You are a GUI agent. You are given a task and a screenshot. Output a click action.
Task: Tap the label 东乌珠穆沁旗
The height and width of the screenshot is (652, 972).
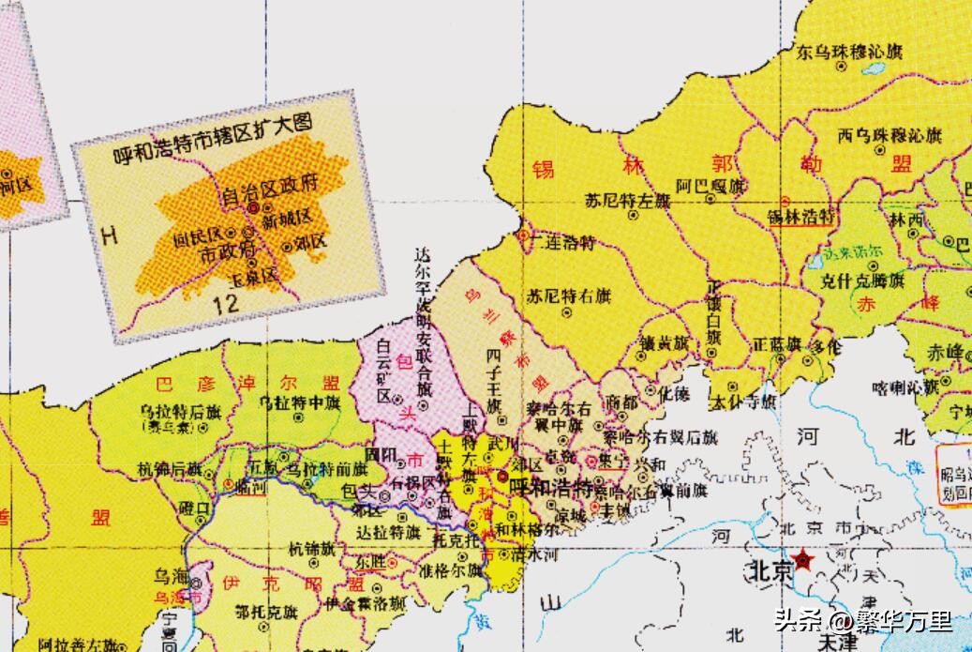click(x=849, y=52)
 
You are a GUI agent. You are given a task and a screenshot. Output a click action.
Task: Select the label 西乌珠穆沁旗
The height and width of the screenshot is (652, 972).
click(x=890, y=135)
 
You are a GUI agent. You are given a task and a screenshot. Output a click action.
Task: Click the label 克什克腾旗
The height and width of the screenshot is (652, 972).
click(x=871, y=279)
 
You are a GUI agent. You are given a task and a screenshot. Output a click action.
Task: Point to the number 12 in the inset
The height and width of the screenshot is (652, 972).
click(x=226, y=303)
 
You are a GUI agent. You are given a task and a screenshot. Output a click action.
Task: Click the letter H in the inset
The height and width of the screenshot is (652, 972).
click(x=110, y=235)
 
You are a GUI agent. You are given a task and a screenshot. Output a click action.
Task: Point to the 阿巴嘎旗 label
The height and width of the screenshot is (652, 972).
click(x=714, y=186)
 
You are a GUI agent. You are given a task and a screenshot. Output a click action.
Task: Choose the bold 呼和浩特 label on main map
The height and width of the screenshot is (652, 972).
click(x=548, y=488)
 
